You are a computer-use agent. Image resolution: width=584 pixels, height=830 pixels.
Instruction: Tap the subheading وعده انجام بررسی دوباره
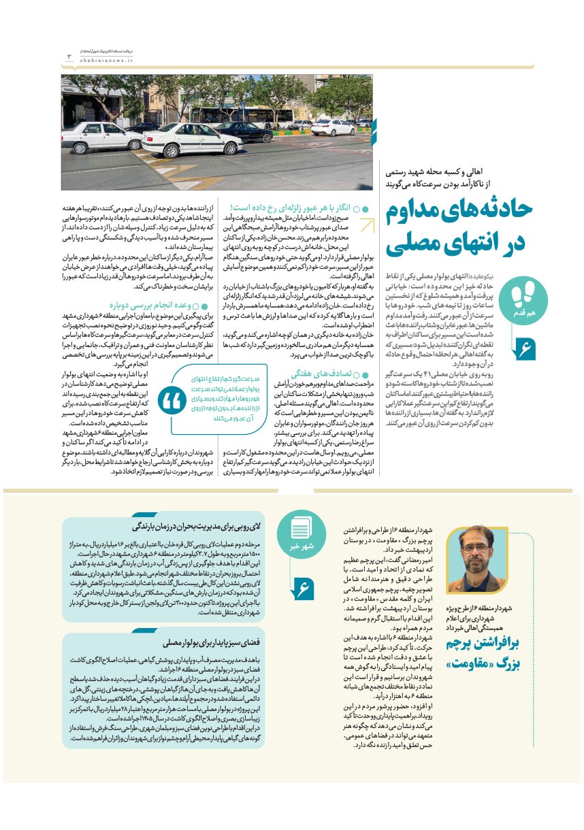click(149, 306)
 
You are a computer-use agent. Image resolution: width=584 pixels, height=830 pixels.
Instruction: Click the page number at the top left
click(69, 56)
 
